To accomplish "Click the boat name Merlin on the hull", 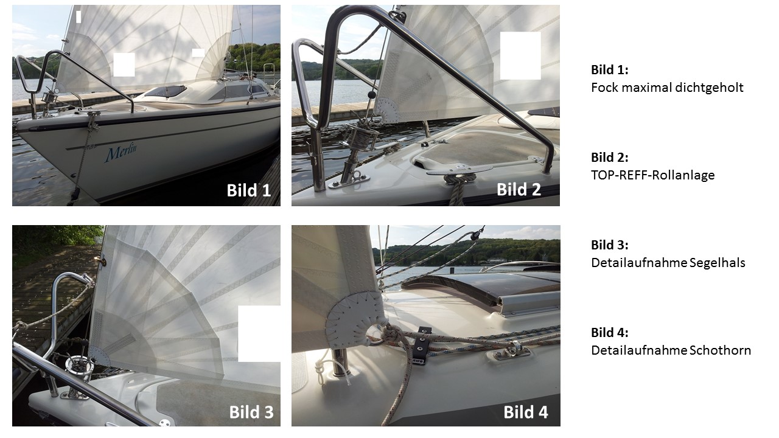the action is (x=121, y=153).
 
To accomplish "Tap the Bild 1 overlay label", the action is (x=249, y=190).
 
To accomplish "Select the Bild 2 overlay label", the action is (x=519, y=189).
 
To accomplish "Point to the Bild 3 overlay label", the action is (x=251, y=412).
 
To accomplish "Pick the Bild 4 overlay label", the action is (x=525, y=412).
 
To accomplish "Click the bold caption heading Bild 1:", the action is (x=610, y=70).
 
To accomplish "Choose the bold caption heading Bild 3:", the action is (x=610, y=245).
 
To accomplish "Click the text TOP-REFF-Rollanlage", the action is (x=653, y=175).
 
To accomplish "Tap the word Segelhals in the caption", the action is (x=717, y=263).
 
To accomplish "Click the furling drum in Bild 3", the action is (x=80, y=367).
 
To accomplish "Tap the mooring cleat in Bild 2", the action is (x=458, y=171).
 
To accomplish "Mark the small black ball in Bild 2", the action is (x=371, y=94).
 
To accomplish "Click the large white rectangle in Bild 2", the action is (x=520, y=55).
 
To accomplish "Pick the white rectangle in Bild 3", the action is (x=259, y=334).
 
